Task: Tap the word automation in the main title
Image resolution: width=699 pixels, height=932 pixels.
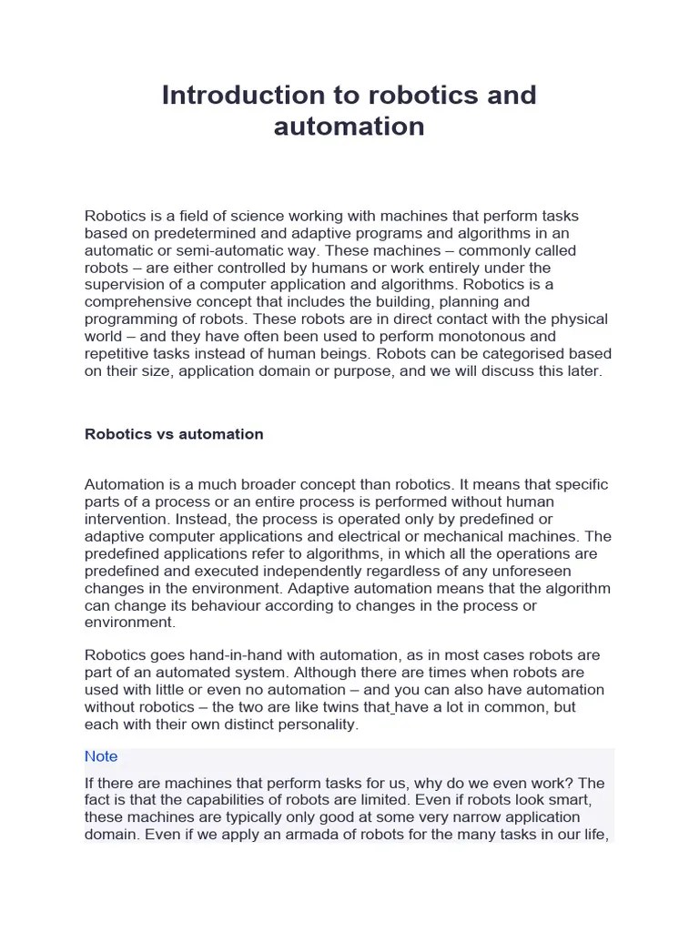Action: coord(349,126)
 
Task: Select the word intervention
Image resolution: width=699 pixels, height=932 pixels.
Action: coord(124,520)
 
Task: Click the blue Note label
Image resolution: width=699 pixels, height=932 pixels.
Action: coord(101,756)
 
